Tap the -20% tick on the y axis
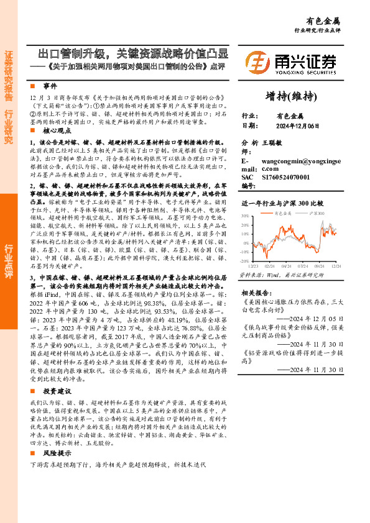click(x=244, y=261)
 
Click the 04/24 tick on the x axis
click(x=287, y=265)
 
